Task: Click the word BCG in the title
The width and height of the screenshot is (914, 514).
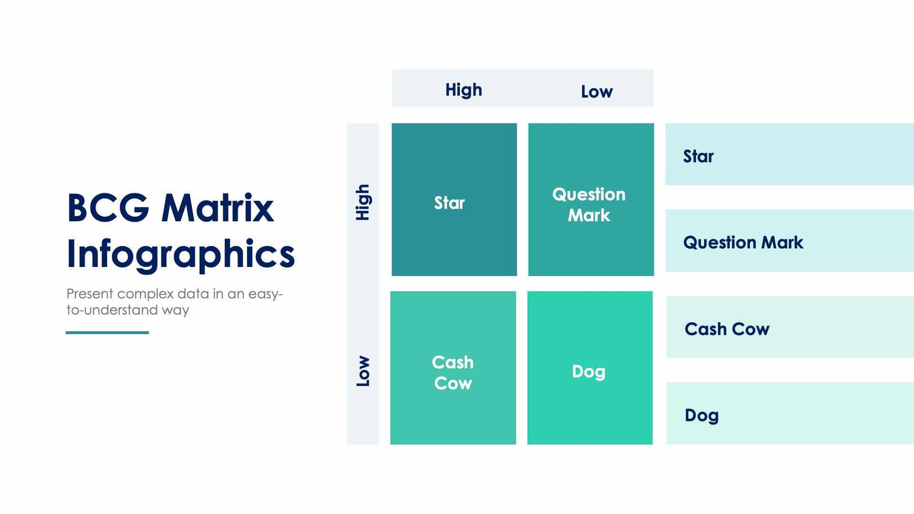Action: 108,208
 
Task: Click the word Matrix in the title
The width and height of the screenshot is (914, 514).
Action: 217,208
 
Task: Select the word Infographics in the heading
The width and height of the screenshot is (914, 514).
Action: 181,254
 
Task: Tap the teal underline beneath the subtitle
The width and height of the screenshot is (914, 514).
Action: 107,332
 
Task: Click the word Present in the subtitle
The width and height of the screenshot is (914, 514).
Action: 89,294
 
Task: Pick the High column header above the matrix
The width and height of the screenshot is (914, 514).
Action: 463,90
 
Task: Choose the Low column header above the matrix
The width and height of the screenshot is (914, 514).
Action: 596,91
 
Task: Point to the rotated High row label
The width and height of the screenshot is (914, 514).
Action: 363,202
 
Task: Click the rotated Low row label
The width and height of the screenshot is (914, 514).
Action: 363,371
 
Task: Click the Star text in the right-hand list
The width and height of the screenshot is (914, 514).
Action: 698,156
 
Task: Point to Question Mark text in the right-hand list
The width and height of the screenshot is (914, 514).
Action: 743,243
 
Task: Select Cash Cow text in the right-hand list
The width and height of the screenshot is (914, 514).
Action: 727,329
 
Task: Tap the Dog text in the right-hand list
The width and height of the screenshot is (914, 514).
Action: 701,416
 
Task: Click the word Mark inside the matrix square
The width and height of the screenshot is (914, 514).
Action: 589,216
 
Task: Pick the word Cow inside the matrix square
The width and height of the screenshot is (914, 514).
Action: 452,384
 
